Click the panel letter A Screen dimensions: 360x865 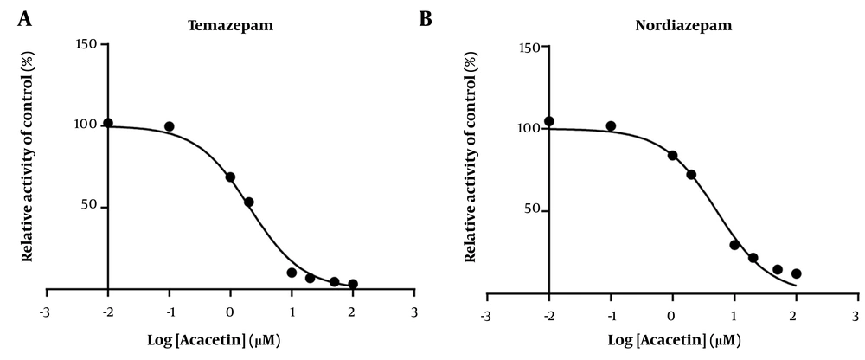pos(25,18)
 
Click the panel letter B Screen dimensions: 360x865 pos(426,18)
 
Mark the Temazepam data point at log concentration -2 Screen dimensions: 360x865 pos(108,123)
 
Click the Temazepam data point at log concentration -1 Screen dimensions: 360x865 pos(170,126)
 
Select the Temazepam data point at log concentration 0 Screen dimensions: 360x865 pos(230,177)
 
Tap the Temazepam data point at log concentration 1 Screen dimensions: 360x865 pos(292,273)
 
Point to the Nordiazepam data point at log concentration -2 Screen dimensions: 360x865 pos(549,121)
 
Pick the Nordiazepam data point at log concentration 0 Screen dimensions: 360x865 pos(672,156)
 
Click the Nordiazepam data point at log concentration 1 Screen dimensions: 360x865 pos(734,245)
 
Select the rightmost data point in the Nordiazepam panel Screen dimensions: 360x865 pos(796,273)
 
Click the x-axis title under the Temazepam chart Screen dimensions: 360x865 pos(230,338)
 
